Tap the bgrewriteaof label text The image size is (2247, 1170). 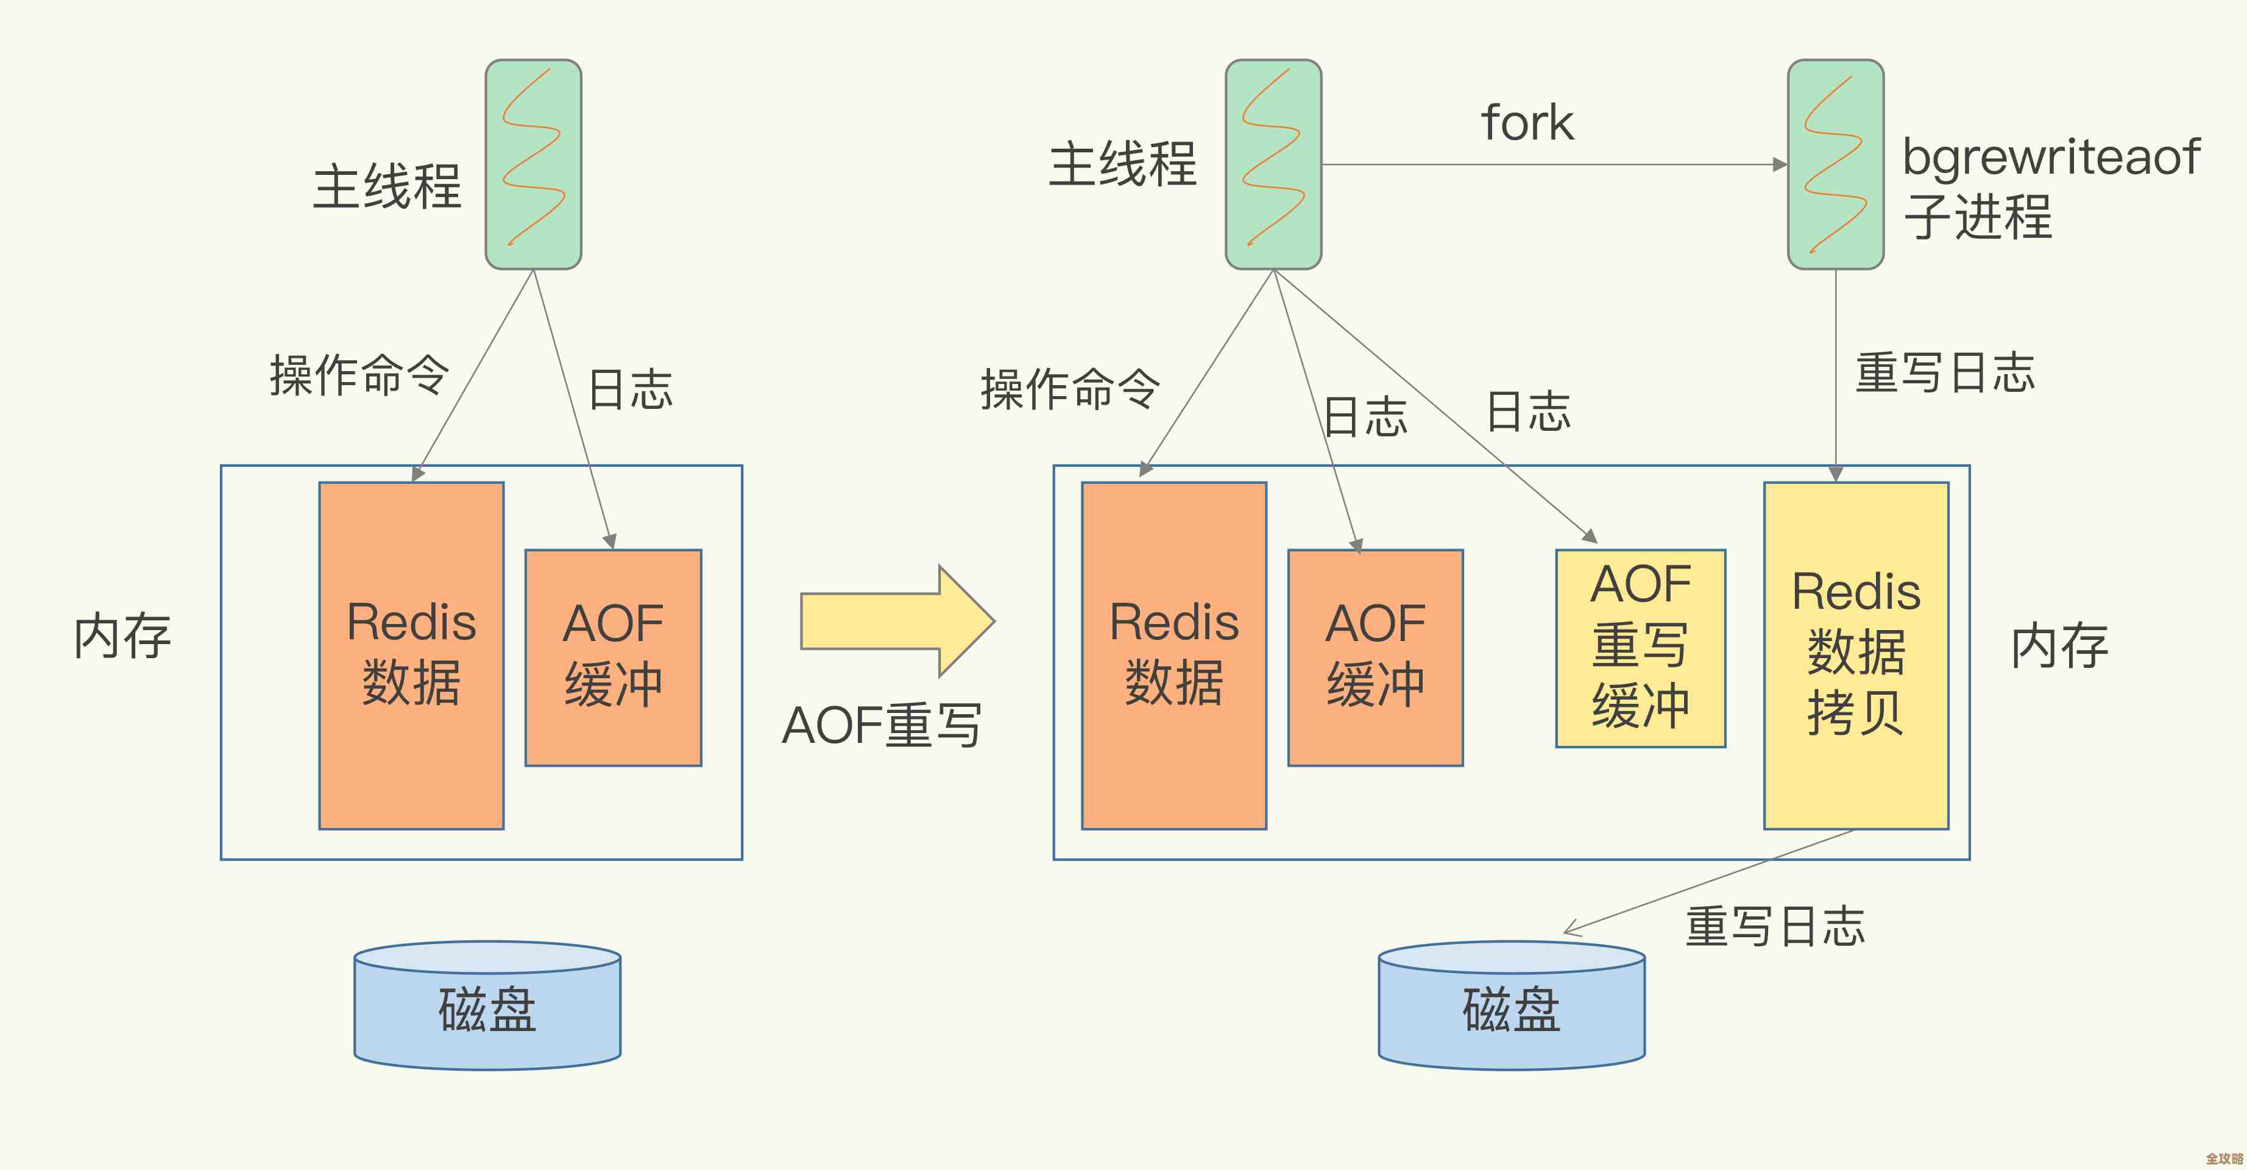pyautogui.click(x=2051, y=158)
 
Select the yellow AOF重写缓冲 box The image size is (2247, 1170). pyautogui.click(x=1640, y=647)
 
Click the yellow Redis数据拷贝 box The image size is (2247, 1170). pyautogui.click(x=1855, y=654)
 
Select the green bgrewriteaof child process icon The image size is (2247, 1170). pyautogui.click(x=1835, y=164)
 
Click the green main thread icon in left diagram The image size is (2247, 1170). pyautogui.click(x=533, y=164)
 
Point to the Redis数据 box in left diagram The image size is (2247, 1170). pyautogui.click(x=411, y=654)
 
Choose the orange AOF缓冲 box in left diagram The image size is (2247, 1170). pyautogui.click(x=612, y=656)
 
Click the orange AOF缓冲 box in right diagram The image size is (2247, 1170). pyautogui.click(x=1375, y=656)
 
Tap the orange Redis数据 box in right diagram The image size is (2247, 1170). pyautogui.click(x=1173, y=654)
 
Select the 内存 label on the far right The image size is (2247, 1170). pyautogui.click(x=2059, y=647)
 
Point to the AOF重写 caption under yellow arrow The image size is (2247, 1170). pyautogui.click(x=881, y=725)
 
